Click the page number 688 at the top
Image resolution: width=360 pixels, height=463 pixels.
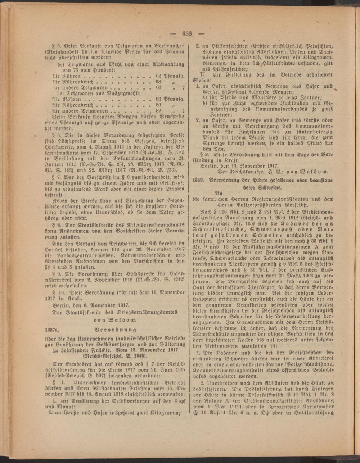[x=187, y=34]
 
